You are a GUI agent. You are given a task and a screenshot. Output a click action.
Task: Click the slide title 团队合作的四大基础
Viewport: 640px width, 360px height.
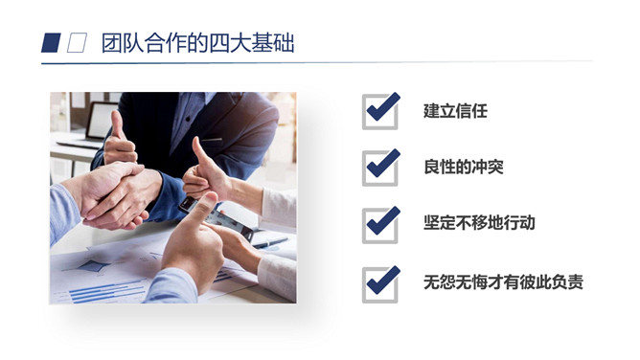[197, 43]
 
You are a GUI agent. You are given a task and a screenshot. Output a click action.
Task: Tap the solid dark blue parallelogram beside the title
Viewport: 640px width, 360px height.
[51, 43]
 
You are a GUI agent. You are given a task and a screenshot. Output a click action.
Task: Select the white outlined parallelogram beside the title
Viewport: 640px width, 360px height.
[77, 43]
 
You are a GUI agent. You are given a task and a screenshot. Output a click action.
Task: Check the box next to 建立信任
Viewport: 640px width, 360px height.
[380, 111]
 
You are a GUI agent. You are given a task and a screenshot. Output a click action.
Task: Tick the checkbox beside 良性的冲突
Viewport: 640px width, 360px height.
[380, 168]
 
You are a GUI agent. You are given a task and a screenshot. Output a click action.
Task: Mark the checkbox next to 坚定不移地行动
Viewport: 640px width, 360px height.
[380, 225]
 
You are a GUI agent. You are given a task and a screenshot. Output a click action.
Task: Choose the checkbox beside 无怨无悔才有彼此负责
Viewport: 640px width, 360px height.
[380, 284]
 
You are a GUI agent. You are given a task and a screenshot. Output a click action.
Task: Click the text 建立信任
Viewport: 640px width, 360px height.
[455, 111]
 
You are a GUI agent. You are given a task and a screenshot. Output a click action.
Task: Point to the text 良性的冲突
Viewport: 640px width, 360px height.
[464, 167]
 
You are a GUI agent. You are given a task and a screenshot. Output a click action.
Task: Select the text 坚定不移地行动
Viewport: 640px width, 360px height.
[479, 222]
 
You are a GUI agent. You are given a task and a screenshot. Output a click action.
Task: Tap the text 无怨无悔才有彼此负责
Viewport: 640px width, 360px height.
[503, 281]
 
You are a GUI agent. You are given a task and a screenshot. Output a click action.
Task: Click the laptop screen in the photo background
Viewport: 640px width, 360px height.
[101, 121]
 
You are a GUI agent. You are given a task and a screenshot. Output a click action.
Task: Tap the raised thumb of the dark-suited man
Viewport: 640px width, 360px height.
[118, 124]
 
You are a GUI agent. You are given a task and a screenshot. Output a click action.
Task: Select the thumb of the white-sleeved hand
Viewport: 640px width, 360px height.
[201, 153]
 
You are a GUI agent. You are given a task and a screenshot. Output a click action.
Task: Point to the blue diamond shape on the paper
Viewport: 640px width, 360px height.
[95, 266]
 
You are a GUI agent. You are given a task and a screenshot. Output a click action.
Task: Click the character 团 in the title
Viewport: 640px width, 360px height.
[112, 43]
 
